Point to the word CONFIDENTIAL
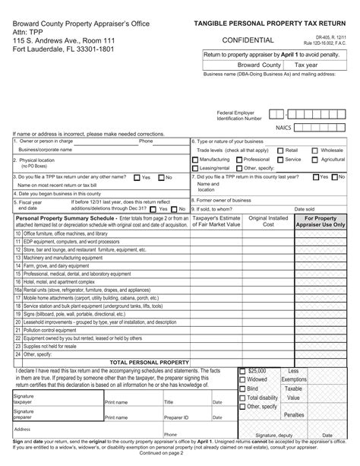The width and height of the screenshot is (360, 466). pos(248,40)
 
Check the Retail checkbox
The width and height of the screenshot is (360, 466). pos(280,151)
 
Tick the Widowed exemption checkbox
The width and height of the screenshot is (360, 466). pos(243,379)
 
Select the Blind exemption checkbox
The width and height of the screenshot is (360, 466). pos(243,388)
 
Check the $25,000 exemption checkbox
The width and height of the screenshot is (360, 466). pos(243,369)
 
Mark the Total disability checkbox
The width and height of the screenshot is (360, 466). pos(243,398)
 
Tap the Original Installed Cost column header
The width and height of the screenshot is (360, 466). pos(268,221)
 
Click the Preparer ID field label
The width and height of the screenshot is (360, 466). pos(176,417)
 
